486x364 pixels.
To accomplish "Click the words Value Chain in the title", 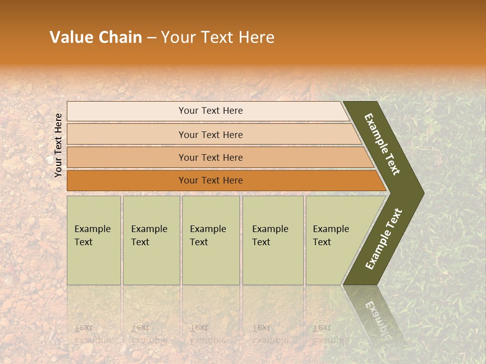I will tap(96, 37).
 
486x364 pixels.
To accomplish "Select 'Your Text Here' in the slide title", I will tap(218, 37).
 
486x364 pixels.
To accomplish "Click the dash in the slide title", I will tap(151, 38).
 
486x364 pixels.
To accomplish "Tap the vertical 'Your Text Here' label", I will tap(58, 146).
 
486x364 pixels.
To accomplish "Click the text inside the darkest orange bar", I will tap(211, 180).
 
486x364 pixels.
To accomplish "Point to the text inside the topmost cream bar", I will tap(211, 111).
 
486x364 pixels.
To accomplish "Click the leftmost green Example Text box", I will tap(94, 240).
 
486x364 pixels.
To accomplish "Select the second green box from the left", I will tap(151, 240).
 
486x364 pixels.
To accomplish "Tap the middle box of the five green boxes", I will tap(211, 240).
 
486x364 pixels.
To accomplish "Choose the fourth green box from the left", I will tap(273, 240).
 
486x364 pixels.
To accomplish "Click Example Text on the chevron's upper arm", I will tap(382, 144).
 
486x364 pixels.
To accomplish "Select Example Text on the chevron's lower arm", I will tap(383, 239).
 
